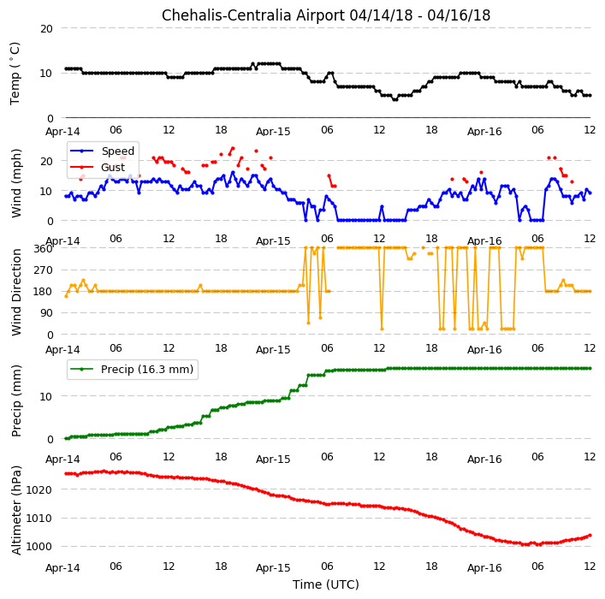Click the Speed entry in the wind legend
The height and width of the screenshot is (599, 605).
(x=118, y=151)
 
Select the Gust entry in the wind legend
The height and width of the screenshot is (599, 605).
(x=113, y=167)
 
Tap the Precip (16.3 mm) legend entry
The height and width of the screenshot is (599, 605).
(x=147, y=370)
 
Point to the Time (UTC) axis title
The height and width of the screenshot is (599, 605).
(x=326, y=584)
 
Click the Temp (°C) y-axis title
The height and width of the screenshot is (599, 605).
(x=15, y=74)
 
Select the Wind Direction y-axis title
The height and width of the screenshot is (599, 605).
(x=16, y=292)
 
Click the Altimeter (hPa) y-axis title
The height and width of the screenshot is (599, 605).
(x=16, y=510)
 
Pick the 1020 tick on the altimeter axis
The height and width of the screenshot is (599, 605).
(x=39, y=489)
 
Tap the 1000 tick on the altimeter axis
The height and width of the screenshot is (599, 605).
(x=39, y=547)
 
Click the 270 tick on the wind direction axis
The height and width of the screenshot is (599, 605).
(x=43, y=270)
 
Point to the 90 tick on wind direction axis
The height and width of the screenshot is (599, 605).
(x=46, y=312)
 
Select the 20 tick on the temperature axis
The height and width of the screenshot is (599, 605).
(x=46, y=28)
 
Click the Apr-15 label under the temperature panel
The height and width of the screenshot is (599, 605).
(x=273, y=132)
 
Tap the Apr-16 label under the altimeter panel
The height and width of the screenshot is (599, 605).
(x=484, y=567)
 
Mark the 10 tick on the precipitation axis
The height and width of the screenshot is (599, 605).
(x=46, y=396)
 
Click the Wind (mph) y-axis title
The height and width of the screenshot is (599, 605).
(x=16, y=183)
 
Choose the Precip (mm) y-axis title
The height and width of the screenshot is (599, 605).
(x=16, y=401)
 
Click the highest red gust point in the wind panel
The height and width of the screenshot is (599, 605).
(x=233, y=148)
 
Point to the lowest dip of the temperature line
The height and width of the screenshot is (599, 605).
(x=394, y=99)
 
